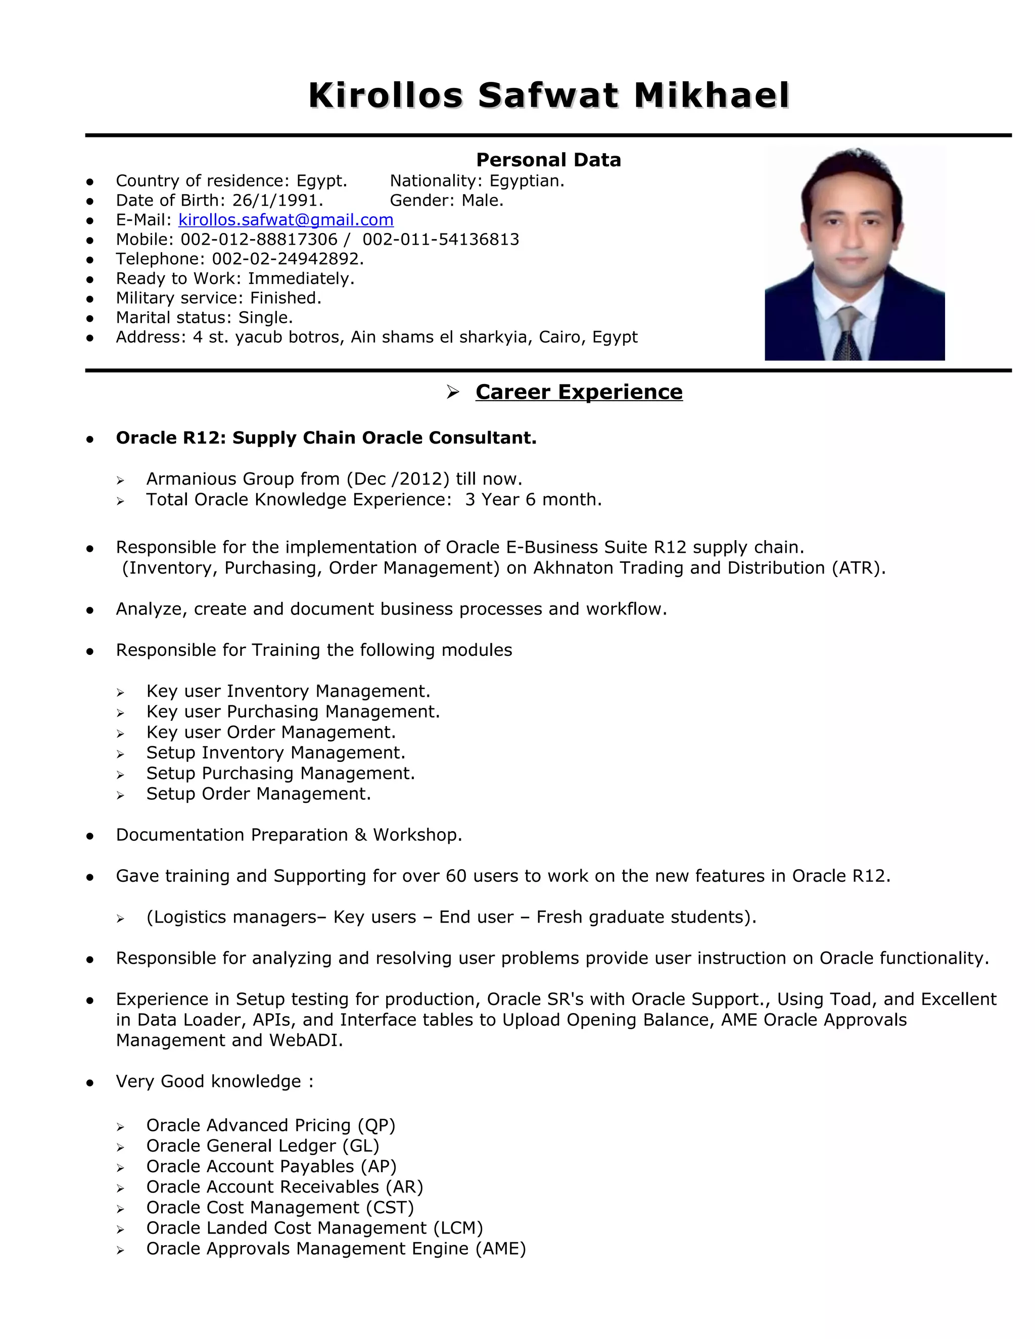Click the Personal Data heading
tap(548, 160)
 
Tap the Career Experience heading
tap(578, 392)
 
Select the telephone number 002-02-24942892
tap(287, 259)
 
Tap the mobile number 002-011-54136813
tap(441, 239)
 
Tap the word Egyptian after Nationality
tap(527, 181)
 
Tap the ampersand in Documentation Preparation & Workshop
tap(360, 835)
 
